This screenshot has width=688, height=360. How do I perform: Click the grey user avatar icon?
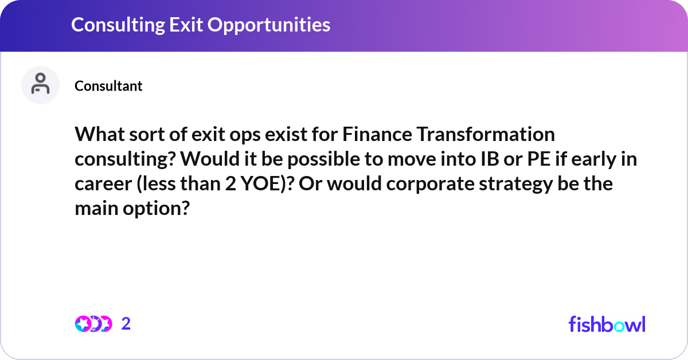40,85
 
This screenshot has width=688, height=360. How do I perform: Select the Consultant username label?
108,86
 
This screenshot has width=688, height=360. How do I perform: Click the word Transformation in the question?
486,135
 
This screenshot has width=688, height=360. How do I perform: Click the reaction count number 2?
126,324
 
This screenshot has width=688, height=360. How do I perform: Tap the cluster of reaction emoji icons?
93,324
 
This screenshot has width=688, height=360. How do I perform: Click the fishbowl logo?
607,324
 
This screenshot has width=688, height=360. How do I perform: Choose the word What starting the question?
99,135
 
